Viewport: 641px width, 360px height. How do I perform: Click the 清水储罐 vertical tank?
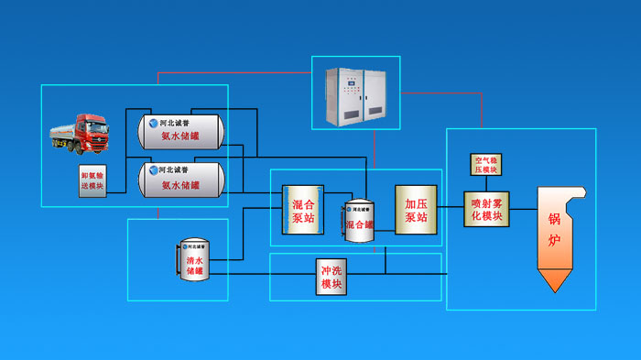point(195,260)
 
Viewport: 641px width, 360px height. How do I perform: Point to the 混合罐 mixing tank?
point(359,221)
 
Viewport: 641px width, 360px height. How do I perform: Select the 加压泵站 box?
point(415,210)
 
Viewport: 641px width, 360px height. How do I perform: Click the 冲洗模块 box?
point(331,278)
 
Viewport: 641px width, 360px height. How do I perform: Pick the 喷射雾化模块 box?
point(485,210)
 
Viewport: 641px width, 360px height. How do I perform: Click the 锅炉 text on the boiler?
point(554,230)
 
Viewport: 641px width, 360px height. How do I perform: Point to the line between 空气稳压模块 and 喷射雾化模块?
point(485,182)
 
